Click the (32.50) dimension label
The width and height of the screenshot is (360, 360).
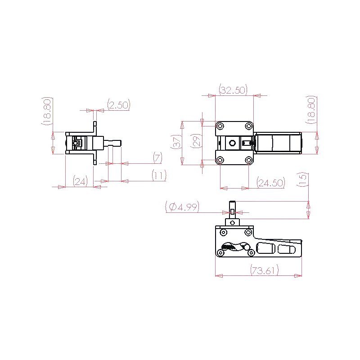[x=233, y=90]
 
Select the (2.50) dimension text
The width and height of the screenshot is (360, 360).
[x=119, y=105]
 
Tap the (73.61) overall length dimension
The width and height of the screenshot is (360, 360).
[x=264, y=270]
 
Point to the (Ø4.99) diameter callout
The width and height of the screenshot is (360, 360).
[x=182, y=207]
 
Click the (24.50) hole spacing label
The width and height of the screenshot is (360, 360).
[x=271, y=183]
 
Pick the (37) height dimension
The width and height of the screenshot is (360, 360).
[x=176, y=142]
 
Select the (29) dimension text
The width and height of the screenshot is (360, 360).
[x=196, y=141]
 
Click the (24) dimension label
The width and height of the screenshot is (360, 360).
[x=80, y=181]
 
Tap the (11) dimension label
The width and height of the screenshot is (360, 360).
[x=159, y=175]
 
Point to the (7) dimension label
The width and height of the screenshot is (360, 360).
[x=157, y=158]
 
